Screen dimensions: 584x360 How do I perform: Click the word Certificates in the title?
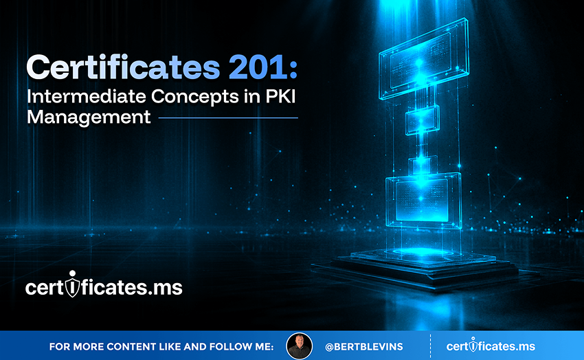[x=123, y=67]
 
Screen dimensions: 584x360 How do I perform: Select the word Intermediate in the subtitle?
[x=87, y=96]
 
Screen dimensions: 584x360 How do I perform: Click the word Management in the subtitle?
[x=89, y=117]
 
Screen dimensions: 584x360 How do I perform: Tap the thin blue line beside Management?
[x=228, y=118]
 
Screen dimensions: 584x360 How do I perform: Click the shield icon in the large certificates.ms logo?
[x=72, y=284]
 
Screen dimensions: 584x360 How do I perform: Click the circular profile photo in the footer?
[x=299, y=346]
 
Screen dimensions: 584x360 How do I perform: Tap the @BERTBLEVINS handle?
[x=364, y=346]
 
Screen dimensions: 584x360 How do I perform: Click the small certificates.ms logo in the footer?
[x=491, y=346]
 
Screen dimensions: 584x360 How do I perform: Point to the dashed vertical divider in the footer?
[x=431, y=346]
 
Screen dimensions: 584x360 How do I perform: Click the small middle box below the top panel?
[x=422, y=120]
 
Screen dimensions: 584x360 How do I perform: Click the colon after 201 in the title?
[x=293, y=69]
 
